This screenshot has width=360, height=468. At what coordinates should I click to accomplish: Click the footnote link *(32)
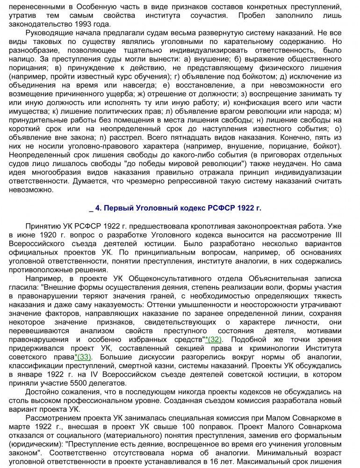(214, 339)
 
